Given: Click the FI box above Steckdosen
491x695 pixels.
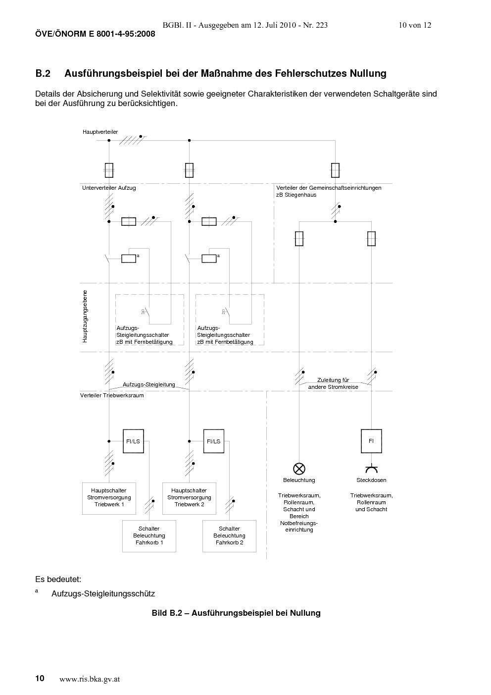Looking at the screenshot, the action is [x=371, y=441].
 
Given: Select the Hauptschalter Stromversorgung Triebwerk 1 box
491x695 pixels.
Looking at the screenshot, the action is [x=109, y=498].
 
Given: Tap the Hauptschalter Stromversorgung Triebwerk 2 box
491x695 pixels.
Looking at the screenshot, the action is [x=189, y=498].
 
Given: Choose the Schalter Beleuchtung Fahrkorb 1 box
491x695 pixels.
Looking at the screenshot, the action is [x=149, y=536].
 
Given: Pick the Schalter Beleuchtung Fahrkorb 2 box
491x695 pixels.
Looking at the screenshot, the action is [x=229, y=536].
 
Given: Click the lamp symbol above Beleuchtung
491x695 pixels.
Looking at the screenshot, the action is [x=299, y=469].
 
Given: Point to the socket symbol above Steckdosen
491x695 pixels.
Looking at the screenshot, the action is [x=371, y=468].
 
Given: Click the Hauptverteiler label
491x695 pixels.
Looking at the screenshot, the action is [x=100, y=132].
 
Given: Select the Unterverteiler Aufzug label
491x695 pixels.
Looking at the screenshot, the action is [x=109, y=188].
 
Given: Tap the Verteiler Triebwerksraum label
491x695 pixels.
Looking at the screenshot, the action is [x=112, y=396].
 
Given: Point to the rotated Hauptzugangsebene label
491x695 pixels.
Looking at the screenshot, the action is [x=85, y=317].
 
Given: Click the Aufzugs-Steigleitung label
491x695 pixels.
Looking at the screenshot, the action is [x=149, y=384].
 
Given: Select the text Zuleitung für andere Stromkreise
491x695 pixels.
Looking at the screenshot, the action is [x=333, y=383].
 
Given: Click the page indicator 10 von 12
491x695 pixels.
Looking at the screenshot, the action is [x=415, y=25].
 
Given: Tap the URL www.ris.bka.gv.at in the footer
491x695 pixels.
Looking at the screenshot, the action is [x=90, y=679].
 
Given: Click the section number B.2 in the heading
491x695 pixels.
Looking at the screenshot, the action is [x=43, y=73].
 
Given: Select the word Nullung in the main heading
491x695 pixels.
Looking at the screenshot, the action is [x=368, y=73].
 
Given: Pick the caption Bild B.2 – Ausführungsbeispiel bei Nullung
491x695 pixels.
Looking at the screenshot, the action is [x=236, y=613].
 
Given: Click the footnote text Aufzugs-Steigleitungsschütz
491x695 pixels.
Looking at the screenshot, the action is [x=103, y=594].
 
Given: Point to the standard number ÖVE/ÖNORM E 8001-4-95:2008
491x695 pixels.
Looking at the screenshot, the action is [x=95, y=34].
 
